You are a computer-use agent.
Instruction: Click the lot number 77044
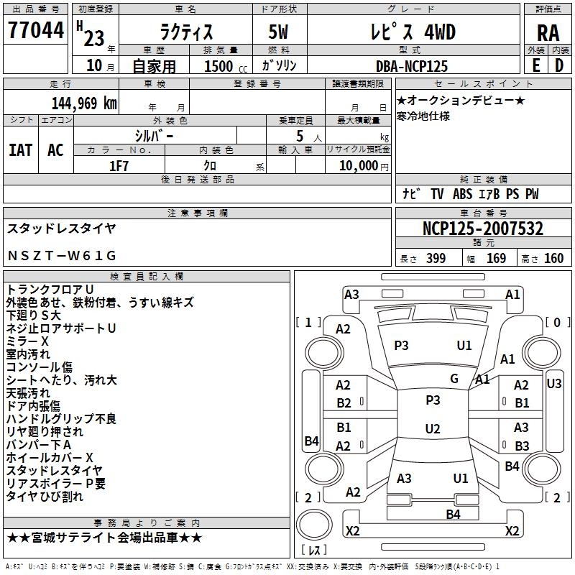[36, 30]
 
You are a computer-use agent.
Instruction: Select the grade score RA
[548, 33]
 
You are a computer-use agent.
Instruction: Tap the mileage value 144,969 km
[84, 103]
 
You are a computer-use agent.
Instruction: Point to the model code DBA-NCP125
[412, 66]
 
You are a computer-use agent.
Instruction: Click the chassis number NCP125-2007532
[482, 229]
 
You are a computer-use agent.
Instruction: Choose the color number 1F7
[119, 166]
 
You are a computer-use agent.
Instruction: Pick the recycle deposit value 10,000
[359, 166]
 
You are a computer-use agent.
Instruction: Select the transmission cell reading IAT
[21, 150]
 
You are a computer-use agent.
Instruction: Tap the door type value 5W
[278, 32]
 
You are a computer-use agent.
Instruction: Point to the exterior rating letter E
[536, 65]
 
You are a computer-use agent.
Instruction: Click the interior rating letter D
[559, 65]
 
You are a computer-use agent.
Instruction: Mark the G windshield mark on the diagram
[454, 378]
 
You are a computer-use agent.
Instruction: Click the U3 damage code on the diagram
[553, 384]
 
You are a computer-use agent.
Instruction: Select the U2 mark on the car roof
[433, 428]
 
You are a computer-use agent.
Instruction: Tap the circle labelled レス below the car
[314, 525]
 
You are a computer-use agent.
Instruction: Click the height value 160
[553, 259]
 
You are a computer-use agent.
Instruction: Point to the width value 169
[496, 259]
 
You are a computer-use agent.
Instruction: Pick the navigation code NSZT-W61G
[62, 255]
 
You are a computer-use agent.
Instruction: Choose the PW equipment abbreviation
[532, 194]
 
